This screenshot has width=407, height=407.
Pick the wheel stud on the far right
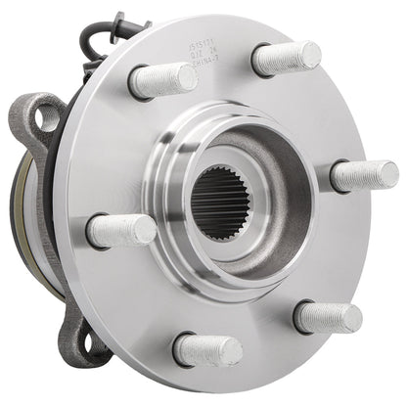363,175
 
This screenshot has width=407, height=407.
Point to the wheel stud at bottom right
329,316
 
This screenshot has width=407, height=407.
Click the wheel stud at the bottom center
207,348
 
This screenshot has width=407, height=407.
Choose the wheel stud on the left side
121,231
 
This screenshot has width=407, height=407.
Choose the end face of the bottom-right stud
350,317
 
